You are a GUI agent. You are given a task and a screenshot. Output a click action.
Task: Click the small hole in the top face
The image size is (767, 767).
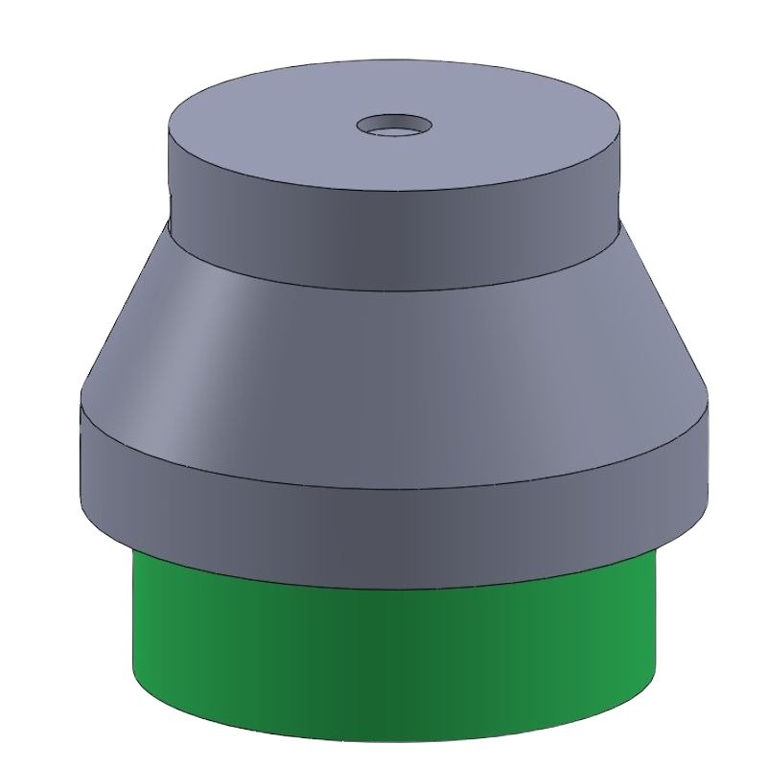[x=394, y=125]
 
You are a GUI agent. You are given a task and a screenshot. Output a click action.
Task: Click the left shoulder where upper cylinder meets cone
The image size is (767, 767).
[x=170, y=219]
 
